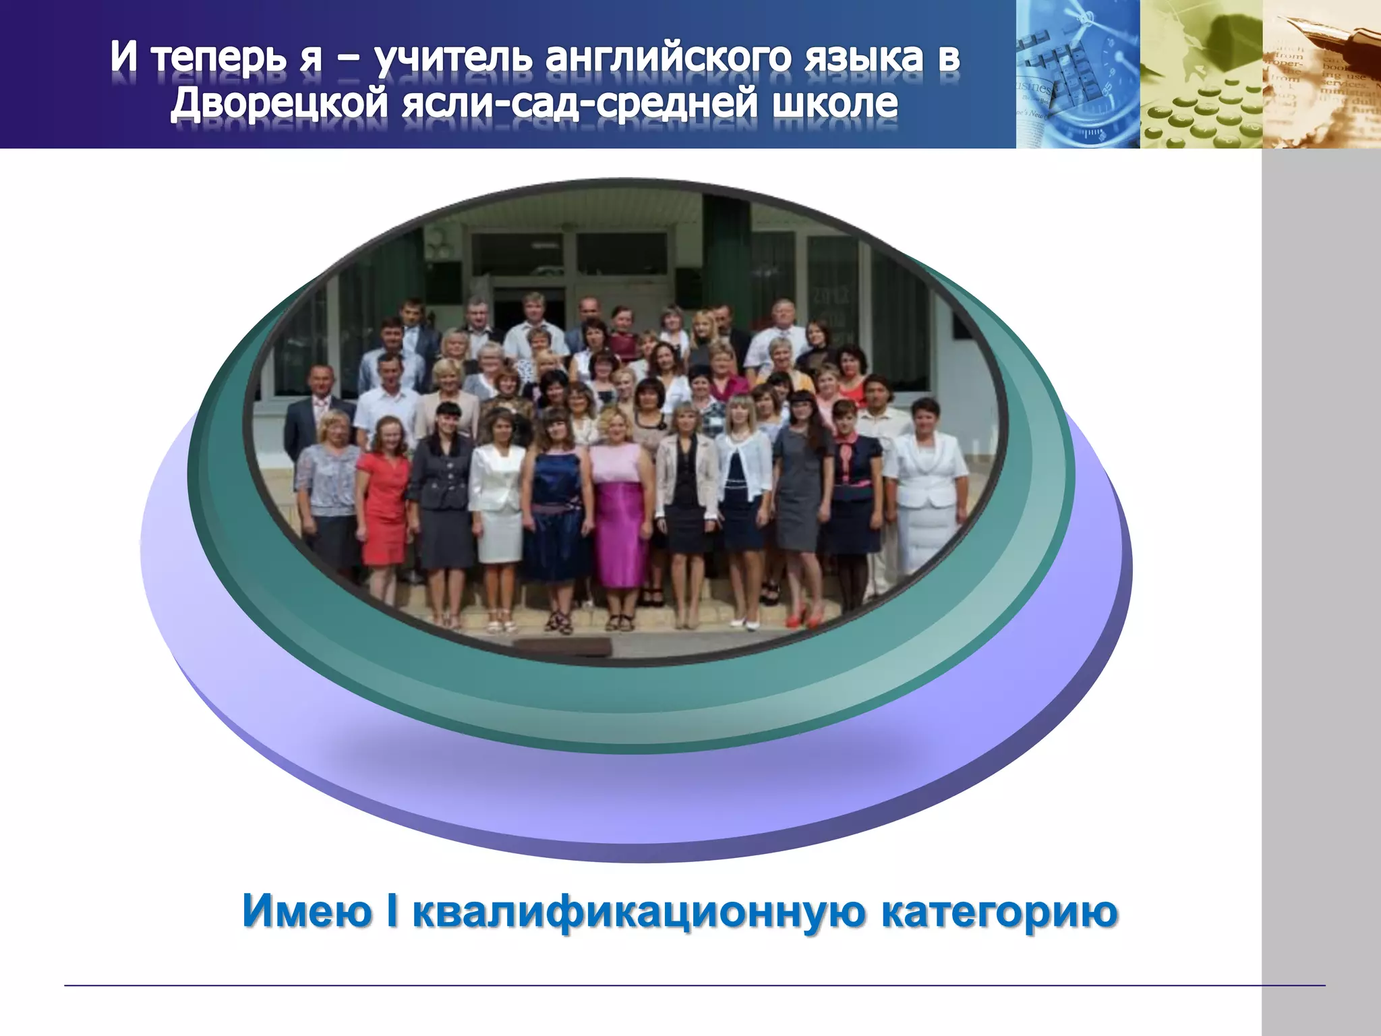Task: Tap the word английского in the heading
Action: [667, 57]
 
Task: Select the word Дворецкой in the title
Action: [279, 103]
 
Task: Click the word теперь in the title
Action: [219, 59]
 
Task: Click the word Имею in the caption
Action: [307, 911]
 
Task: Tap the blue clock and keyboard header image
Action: [1077, 74]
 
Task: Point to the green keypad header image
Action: [1200, 74]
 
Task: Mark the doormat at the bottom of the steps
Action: [563, 646]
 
